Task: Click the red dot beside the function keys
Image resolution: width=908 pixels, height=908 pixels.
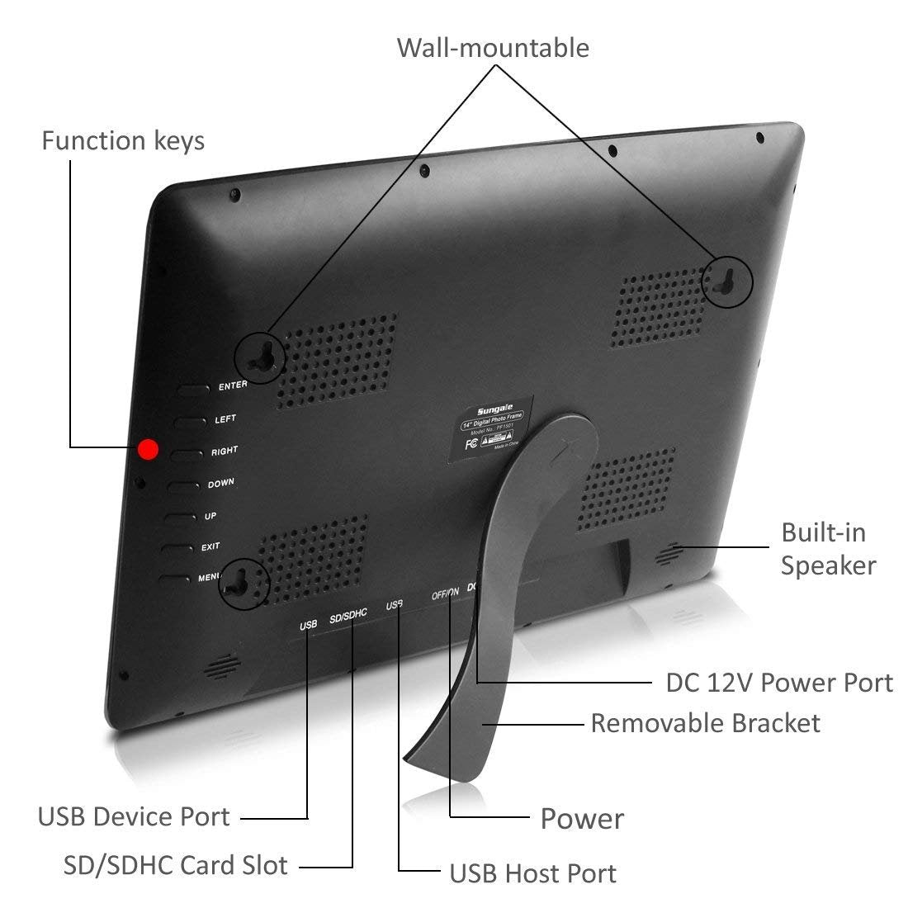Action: pos(149,449)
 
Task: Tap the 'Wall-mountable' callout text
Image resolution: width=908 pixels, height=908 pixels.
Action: pos(493,47)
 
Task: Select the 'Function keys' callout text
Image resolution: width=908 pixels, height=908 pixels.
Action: pos(123,140)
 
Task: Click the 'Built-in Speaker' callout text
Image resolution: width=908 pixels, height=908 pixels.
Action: pos(828,549)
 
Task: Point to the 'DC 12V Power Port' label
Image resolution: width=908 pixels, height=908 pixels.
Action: pos(779,683)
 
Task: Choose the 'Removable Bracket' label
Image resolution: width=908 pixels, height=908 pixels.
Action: pos(705,723)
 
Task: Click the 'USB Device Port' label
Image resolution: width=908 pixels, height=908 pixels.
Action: pos(134,817)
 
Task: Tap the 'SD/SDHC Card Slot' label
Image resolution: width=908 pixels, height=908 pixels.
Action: pos(176,865)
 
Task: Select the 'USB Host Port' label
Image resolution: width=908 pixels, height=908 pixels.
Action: pos(532,873)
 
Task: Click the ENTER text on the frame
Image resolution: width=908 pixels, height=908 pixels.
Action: pos(233,385)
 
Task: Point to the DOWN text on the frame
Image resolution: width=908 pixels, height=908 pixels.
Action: pos(221,483)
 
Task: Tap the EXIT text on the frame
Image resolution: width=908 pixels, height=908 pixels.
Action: pos(210,547)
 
